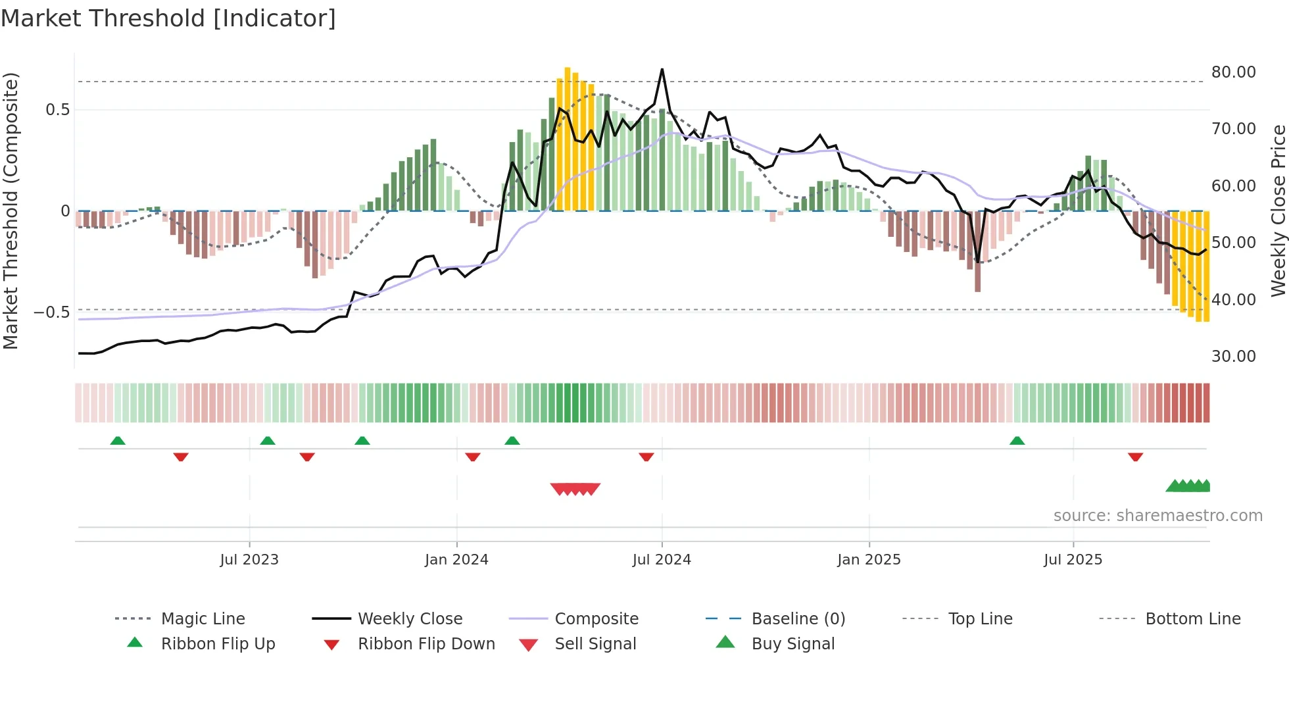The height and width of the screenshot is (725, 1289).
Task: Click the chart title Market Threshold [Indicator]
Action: pos(168,18)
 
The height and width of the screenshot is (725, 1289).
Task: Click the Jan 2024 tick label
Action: pos(456,560)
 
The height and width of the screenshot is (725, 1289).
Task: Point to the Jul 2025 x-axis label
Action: pos(1073,560)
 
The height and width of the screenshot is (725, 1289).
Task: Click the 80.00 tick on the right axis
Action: pos(1233,72)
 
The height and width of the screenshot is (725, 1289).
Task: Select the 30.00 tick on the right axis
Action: pos(1233,357)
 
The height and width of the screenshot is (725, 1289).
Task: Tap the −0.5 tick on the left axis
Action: pos(52,312)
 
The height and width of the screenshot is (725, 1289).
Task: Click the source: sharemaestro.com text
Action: pos(1157,516)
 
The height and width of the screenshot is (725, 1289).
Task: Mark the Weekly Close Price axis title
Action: pos(1278,211)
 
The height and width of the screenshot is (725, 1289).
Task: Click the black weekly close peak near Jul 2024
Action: pos(662,70)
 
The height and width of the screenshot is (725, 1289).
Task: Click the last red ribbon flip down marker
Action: pos(1135,457)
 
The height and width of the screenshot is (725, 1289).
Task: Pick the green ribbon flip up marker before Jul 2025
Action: pos(1017,440)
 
